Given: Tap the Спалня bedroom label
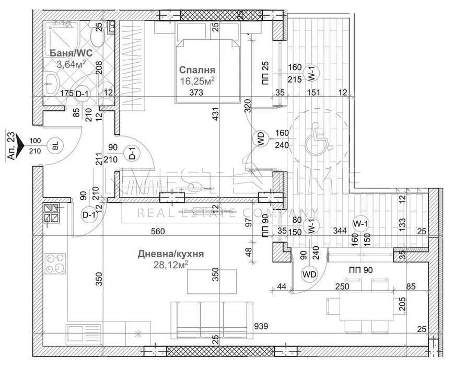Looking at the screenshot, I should (x=197, y=70).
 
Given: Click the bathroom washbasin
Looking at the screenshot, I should (x=52, y=81).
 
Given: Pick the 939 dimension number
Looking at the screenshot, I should (x=261, y=327).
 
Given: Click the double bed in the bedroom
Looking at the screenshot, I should (x=207, y=63).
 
